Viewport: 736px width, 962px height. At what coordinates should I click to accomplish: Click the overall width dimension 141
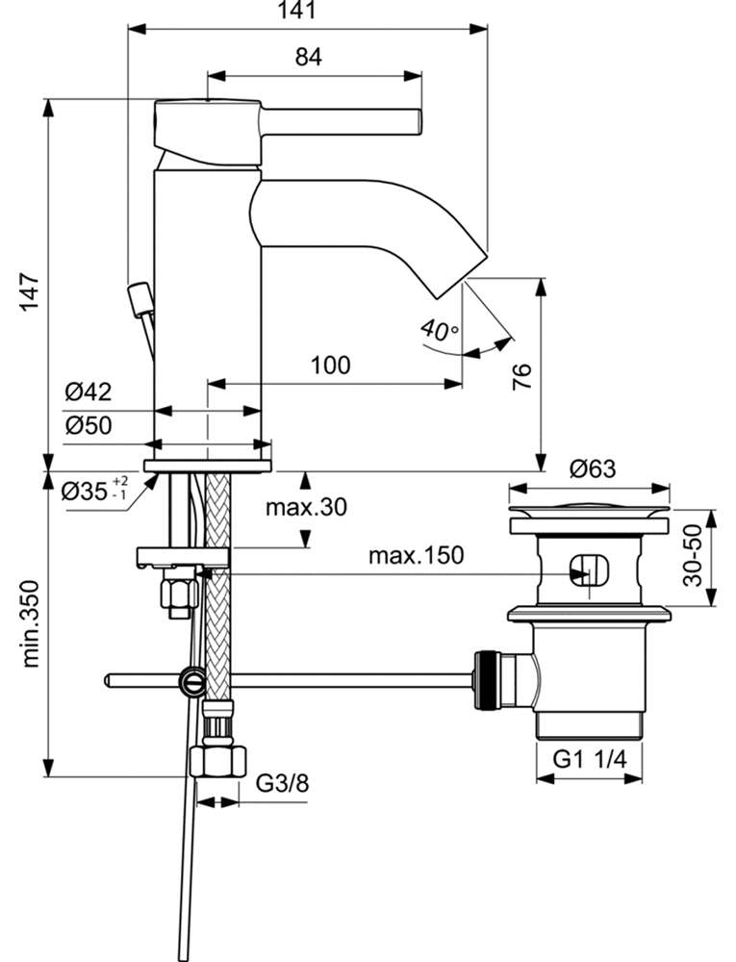[297, 10]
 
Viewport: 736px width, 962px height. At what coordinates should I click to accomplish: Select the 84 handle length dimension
[309, 57]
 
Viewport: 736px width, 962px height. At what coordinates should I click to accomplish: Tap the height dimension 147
[30, 291]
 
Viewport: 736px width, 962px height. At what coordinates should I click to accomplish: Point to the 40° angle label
[439, 330]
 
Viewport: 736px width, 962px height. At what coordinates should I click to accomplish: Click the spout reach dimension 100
[331, 365]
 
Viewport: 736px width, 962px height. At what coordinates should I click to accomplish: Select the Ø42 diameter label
[89, 392]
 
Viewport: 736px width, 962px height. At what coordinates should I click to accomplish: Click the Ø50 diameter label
[89, 424]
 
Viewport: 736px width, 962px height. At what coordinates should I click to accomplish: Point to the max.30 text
[306, 507]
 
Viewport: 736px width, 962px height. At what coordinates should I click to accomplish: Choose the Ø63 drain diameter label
[592, 468]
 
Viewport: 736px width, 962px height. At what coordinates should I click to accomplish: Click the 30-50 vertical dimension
[693, 555]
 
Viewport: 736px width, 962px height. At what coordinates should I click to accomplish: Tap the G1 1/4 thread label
[590, 760]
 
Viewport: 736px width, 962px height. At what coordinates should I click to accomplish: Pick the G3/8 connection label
[282, 783]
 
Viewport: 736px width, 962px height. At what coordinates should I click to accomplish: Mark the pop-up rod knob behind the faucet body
[139, 298]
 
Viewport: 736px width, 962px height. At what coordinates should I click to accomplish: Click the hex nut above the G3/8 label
[219, 761]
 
